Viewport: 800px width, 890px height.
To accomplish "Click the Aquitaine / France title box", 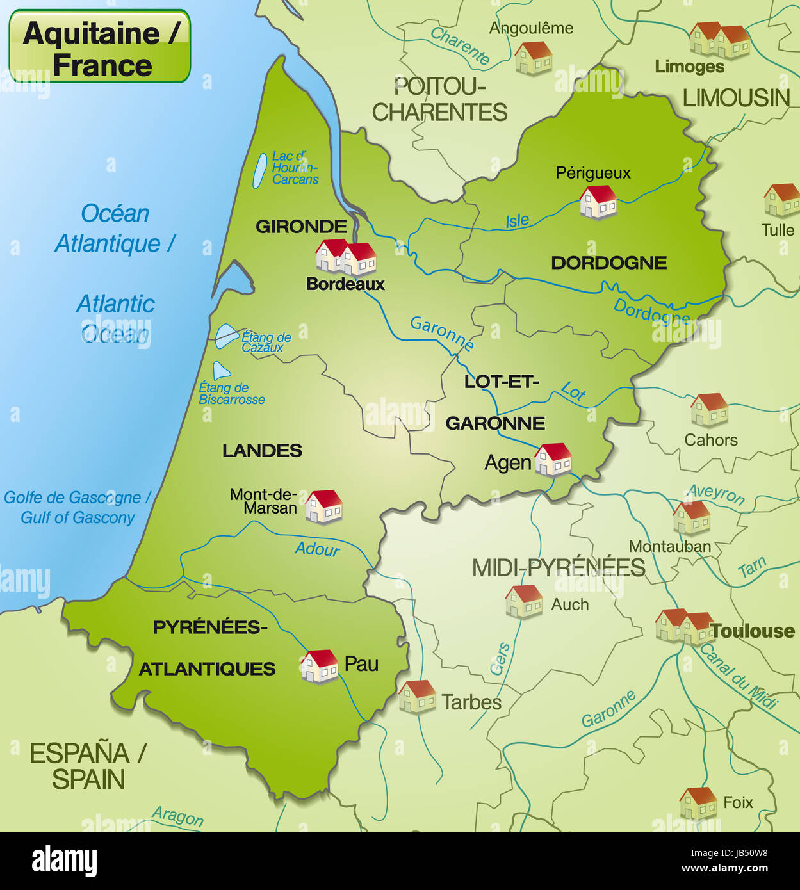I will pos(99,46).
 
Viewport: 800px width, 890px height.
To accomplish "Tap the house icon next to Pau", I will pos(320,666).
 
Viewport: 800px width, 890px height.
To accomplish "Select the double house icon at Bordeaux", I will pos(346,257).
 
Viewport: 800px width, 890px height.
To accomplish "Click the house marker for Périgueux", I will pos(598,202).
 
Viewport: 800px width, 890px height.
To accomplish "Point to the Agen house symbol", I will pos(553,460).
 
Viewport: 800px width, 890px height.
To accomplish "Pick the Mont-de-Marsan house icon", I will pos(323,506).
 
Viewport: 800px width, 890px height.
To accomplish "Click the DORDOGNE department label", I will pos(608,263).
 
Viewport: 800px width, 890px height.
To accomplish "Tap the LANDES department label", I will pos(262,451).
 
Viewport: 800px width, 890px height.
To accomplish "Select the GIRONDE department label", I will pos(301,226).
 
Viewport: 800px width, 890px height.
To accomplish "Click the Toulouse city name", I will pos(753,631).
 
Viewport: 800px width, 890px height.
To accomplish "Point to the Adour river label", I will pos(317,549).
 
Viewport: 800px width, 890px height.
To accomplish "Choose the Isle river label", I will pos(518,221).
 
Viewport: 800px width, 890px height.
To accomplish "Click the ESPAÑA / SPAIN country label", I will pos(88,766).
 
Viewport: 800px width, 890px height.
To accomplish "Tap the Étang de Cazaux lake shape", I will pos(225,336).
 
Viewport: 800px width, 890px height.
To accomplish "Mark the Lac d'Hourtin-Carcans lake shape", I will pos(259,170).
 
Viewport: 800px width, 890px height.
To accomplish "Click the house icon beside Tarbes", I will pos(417,697).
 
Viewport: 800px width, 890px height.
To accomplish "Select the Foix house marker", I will pos(698,803).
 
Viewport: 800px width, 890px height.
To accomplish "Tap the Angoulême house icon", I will pos(533,58).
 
